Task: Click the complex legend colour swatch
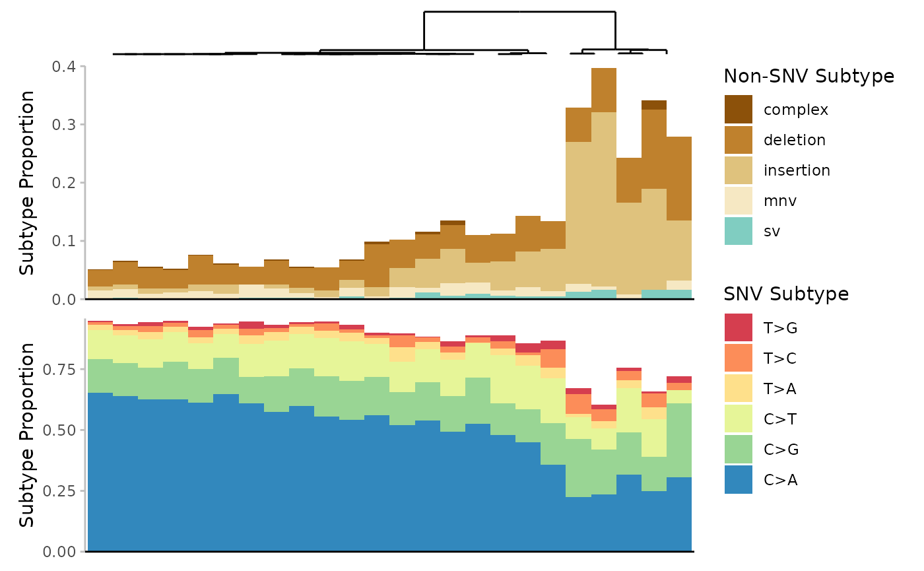[738, 110]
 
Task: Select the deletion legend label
[794, 140]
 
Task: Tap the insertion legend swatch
[738, 170]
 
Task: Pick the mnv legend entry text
[779, 201]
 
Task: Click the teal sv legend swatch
[738, 231]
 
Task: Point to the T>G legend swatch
[738, 327]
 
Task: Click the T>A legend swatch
[738, 388]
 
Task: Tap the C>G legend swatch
[738, 450]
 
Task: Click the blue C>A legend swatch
[738, 480]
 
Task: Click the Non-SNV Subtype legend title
[808, 77]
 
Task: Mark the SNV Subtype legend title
[786, 294]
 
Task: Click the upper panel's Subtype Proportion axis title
[27, 183]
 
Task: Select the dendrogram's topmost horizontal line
[519, 11]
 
